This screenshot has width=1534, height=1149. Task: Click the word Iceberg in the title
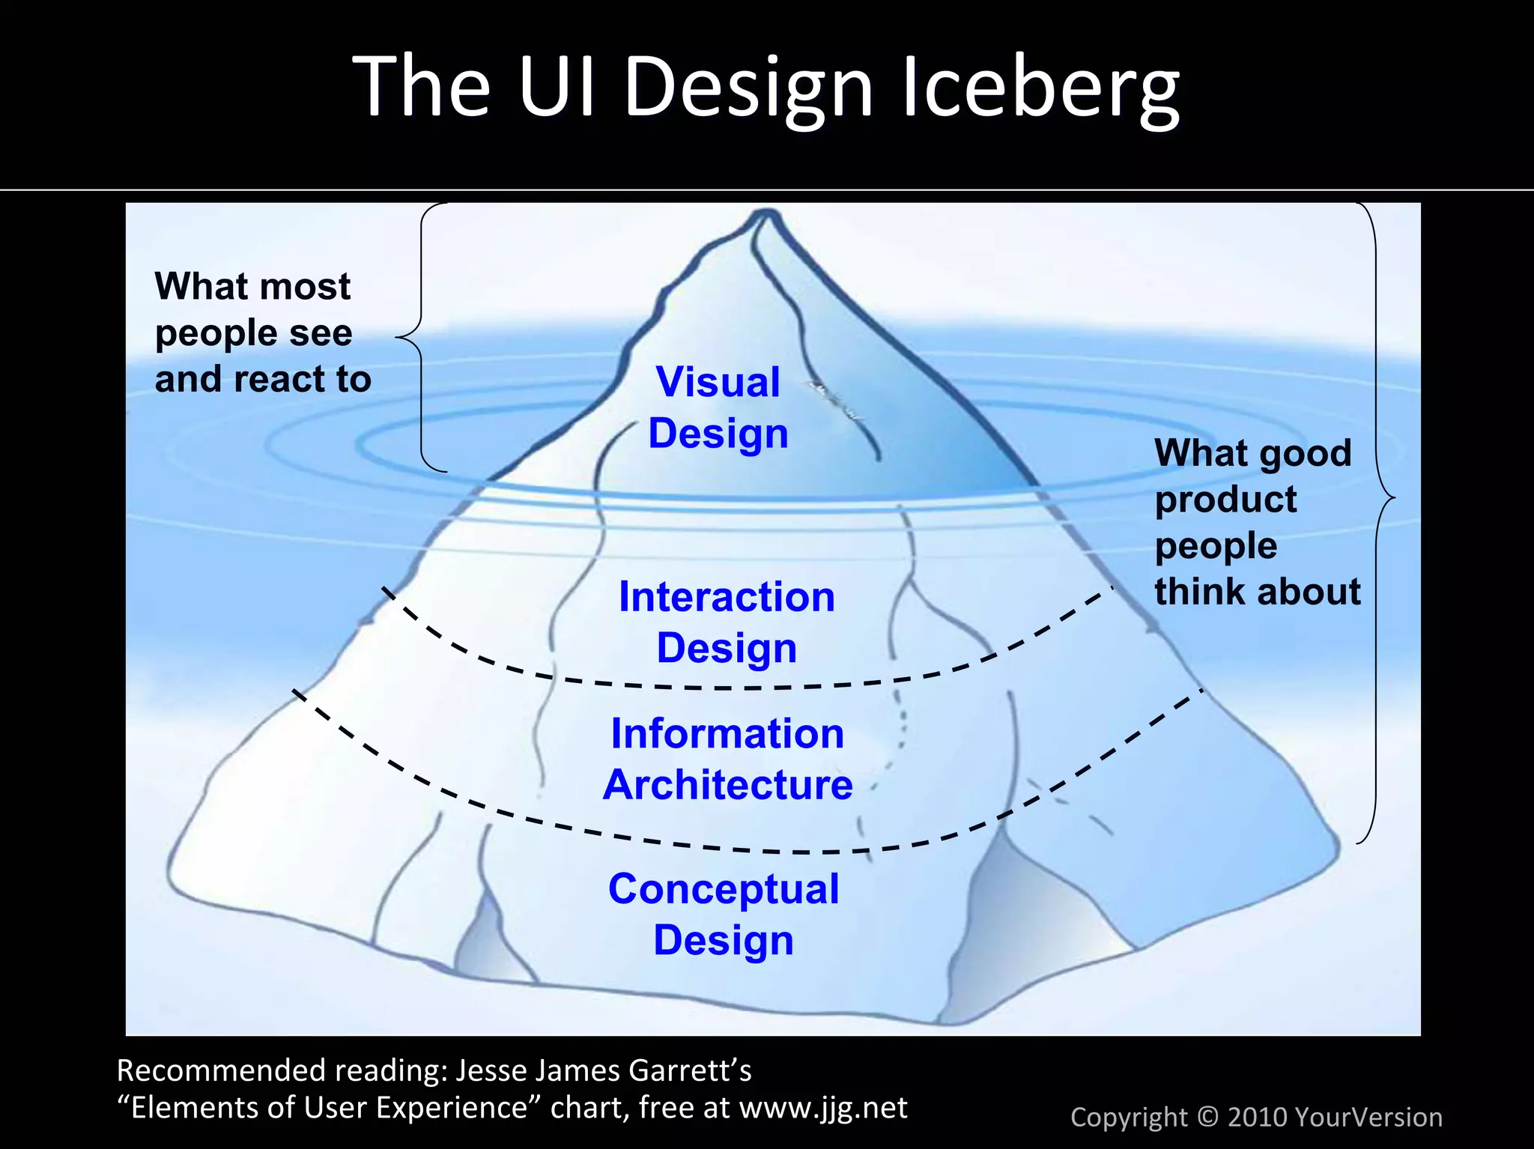coord(1040,88)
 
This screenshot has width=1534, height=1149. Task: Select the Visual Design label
coord(718,407)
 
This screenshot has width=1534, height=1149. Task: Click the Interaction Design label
coord(727,622)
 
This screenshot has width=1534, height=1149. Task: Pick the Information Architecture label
coord(727,759)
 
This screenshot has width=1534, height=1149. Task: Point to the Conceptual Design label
coord(724,914)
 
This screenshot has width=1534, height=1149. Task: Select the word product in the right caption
coord(1225,500)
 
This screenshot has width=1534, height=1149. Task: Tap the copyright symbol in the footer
coord(1207,1117)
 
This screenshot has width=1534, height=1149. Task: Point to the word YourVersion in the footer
coord(1368,1117)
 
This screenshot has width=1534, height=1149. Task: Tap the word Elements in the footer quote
coord(192,1107)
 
